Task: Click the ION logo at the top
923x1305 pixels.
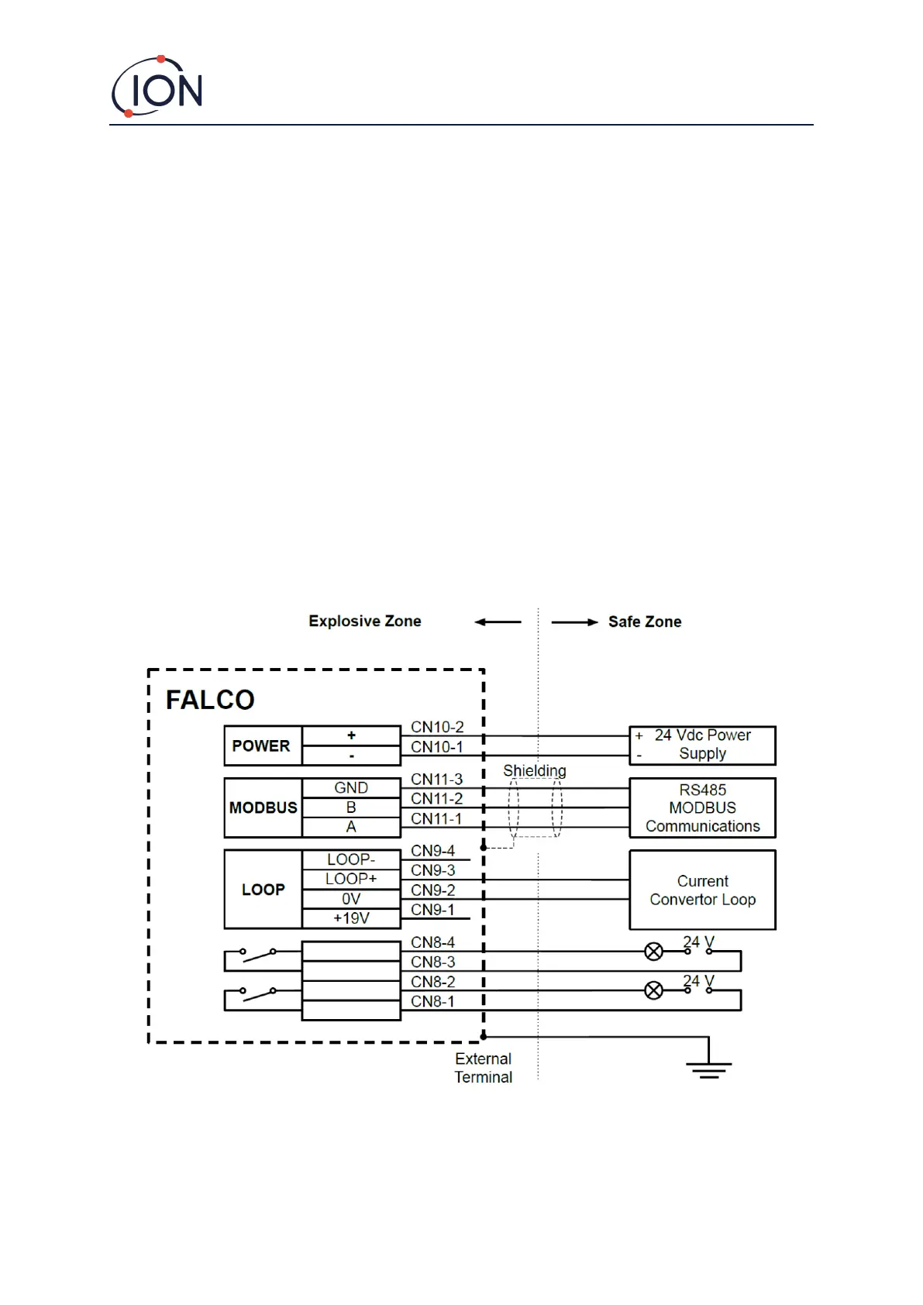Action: [x=158, y=87]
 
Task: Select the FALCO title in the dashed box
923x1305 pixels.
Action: [x=210, y=700]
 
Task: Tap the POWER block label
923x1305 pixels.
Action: [x=261, y=745]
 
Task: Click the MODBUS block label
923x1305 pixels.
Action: [x=263, y=807]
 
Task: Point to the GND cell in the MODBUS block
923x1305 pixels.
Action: [x=351, y=787]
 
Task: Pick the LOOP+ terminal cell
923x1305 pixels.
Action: [x=351, y=879]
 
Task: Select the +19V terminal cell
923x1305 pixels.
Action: [x=351, y=918]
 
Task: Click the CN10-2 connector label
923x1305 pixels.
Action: [x=437, y=727]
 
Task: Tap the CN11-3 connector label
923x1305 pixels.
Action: [x=437, y=779]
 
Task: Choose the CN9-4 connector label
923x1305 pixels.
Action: [x=433, y=851]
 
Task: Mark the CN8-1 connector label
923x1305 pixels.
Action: [x=433, y=1001]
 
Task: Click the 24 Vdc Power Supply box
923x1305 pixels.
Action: [x=702, y=745]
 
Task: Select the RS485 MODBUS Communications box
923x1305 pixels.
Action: [x=702, y=807]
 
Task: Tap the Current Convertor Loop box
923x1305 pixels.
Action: [x=702, y=890]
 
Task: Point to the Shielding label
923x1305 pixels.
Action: [x=535, y=770]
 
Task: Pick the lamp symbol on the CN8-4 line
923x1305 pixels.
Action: [x=654, y=951]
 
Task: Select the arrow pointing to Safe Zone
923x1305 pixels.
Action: [x=574, y=622]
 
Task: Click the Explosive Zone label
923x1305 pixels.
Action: [x=365, y=621]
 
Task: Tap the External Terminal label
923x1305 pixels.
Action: [x=484, y=1068]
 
